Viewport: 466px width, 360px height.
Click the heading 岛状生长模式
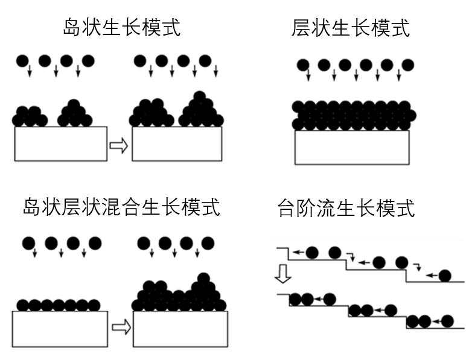(x=122, y=28)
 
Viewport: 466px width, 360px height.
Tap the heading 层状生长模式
(x=351, y=28)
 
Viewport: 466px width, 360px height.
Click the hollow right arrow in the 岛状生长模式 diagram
(x=120, y=145)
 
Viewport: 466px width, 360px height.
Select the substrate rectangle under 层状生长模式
(x=351, y=147)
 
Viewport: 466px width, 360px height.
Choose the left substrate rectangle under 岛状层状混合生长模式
(x=60, y=328)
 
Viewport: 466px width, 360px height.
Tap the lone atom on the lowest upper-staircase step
(x=445, y=276)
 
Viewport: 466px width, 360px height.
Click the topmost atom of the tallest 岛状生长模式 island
(x=199, y=96)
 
